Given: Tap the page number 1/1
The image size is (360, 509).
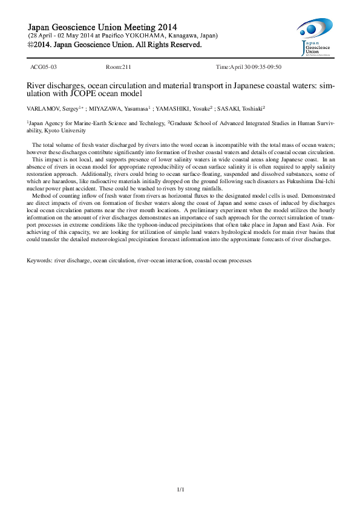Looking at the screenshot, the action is [180, 489].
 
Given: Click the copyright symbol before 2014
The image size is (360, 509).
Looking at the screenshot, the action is [32, 45].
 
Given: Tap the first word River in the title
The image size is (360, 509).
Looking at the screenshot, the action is [36, 86].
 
